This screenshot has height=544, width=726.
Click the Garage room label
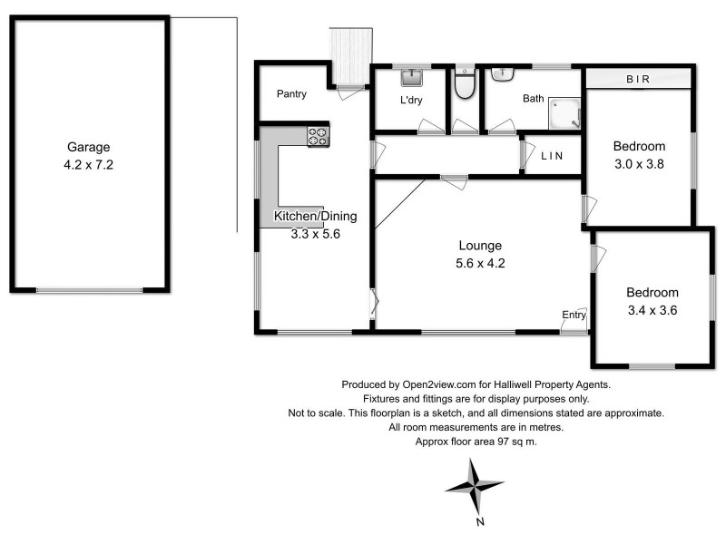pyautogui.click(x=88, y=148)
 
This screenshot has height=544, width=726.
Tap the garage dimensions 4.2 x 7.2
pyautogui.click(x=88, y=166)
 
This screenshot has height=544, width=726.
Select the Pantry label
pyautogui.click(x=291, y=94)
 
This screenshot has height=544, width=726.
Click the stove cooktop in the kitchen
pyautogui.click(x=318, y=136)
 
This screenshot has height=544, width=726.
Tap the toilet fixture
pyautogui.click(x=465, y=84)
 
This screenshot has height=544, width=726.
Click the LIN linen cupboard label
pyautogui.click(x=552, y=156)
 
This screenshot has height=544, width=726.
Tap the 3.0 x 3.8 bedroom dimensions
pyautogui.click(x=639, y=164)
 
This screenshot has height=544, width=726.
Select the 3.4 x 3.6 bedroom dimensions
pyautogui.click(x=652, y=310)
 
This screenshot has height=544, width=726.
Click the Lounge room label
pyautogui.click(x=480, y=246)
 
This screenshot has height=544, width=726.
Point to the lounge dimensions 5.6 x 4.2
pyautogui.click(x=480, y=265)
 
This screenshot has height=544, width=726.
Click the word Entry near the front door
pyautogui.click(x=574, y=315)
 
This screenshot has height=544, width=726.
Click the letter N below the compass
pyautogui.click(x=480, y=521)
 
